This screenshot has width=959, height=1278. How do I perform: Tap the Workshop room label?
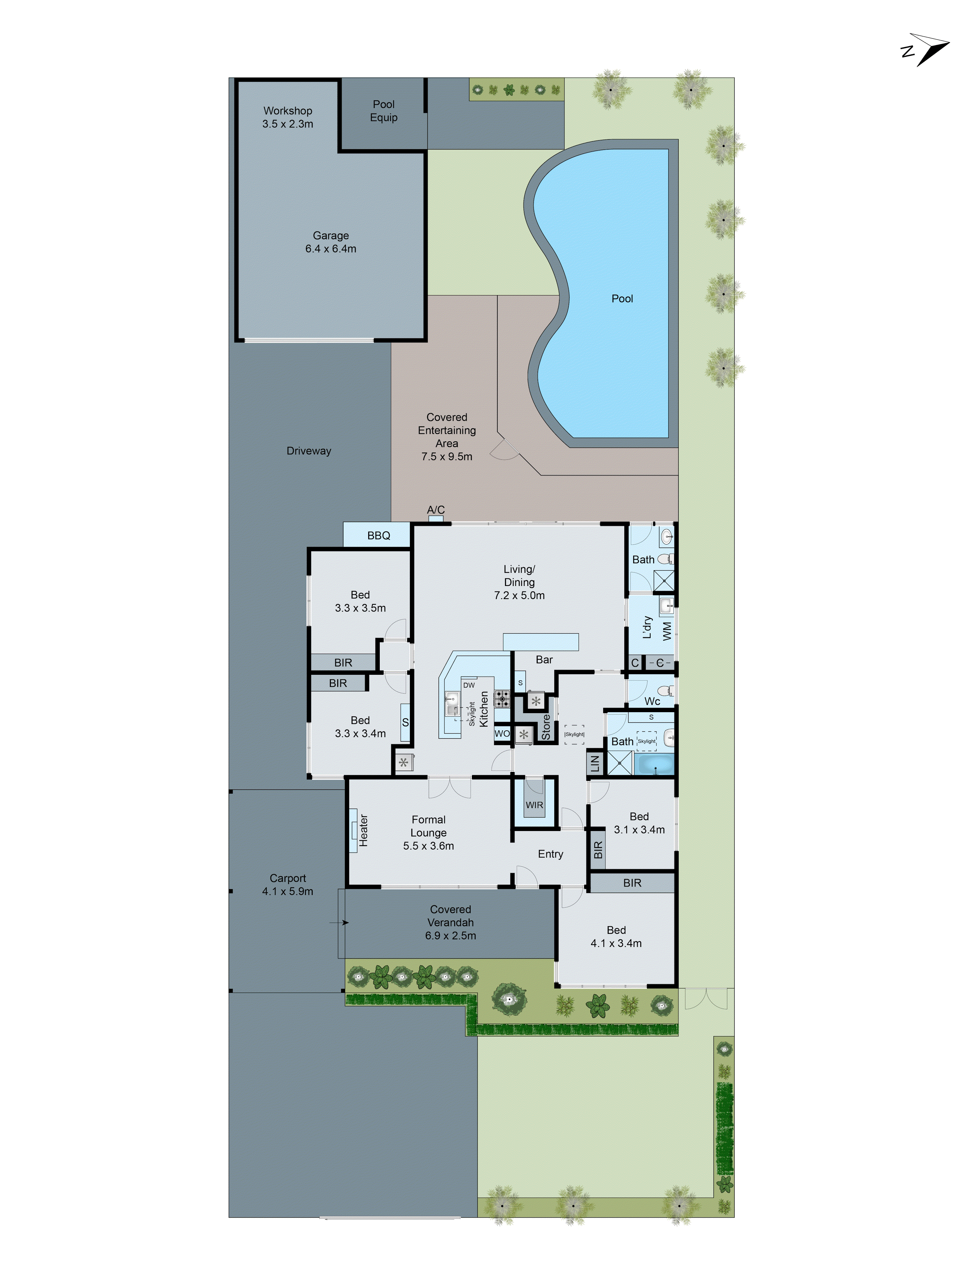tap(287, 110)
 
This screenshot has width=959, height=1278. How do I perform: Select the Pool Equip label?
tap(383, 110)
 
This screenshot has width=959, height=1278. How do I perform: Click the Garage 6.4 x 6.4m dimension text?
tap(331, 249)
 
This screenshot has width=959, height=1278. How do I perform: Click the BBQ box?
tap(378, 535)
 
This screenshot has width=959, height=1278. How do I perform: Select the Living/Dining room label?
tap(519, 582)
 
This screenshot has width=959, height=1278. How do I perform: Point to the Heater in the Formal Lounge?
tap(363, 831)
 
